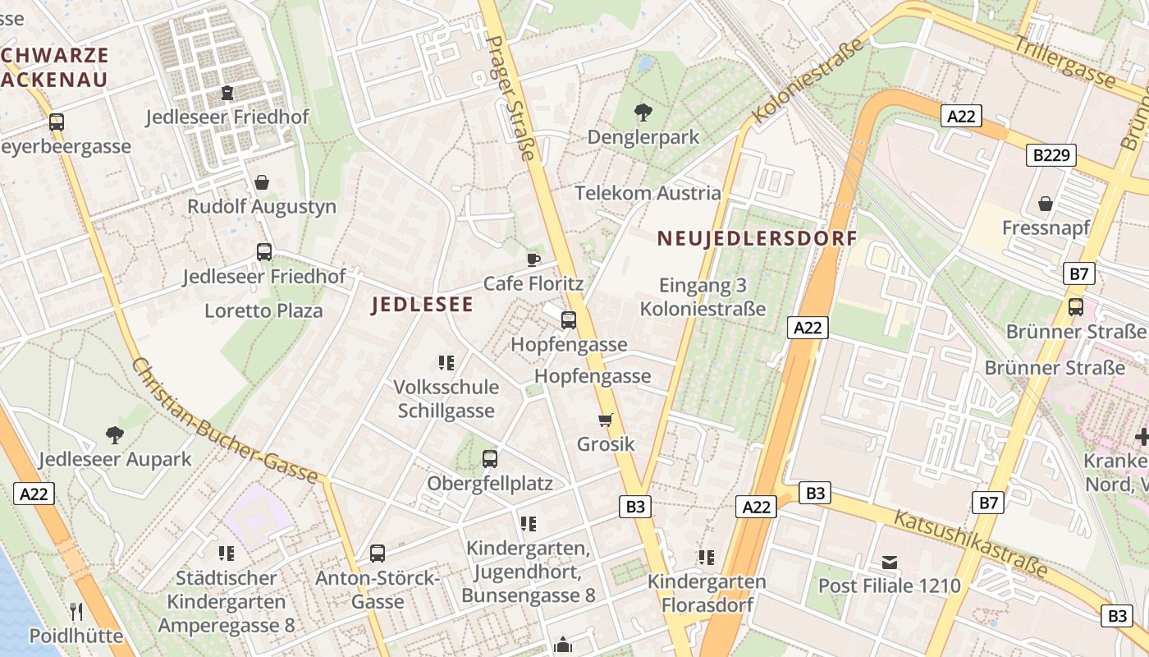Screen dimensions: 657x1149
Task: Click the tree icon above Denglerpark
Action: click(643, 112)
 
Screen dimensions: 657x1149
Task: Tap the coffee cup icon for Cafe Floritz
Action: click(533, 260)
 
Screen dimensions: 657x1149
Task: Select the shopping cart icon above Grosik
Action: click(606, 420)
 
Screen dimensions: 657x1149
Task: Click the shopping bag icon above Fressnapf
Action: click(1046, 203)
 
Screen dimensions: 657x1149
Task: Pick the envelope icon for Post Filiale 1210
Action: click(890, 563)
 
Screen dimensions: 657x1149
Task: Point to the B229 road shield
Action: click(1051, 155)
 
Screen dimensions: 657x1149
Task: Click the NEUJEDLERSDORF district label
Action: click(757, 239)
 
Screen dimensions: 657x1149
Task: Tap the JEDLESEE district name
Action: click(422, 306)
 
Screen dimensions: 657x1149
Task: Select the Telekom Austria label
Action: click(648, 194)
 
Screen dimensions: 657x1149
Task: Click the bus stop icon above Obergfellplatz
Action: click(490, 459)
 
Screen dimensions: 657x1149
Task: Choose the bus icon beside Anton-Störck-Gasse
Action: click(378, 554)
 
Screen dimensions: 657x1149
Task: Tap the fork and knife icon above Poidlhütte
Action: click(76, 612)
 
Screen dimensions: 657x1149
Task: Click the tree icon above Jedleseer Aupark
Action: click(115, 435)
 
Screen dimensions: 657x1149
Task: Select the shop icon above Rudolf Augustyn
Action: click(262, 181)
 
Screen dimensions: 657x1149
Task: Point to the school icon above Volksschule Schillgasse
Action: click(446, 362)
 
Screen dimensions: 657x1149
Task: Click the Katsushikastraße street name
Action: click(970, 543)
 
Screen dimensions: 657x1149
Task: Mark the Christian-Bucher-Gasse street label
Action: click(224, 420)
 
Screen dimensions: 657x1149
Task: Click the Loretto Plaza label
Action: click(263, 311)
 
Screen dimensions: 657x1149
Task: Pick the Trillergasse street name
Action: click(1064, 62)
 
